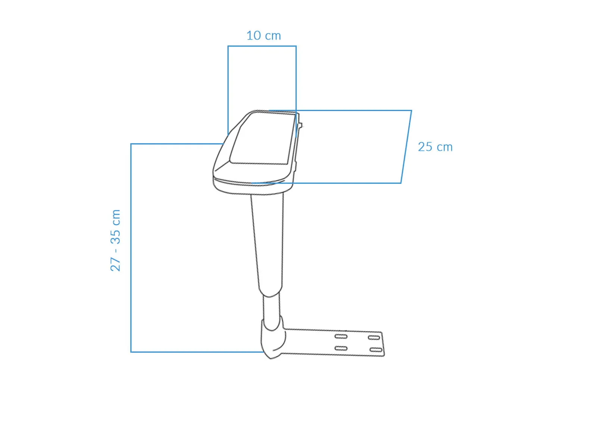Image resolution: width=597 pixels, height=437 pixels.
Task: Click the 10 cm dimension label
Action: coord(263,36)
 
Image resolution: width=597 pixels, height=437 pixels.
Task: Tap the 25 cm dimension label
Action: coord(435,147)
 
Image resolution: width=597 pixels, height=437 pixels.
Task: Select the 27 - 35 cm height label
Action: coord(115,240)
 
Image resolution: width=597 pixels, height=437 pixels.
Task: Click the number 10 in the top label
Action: coord(254,36)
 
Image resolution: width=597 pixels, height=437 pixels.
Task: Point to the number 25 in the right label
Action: coord(425,147)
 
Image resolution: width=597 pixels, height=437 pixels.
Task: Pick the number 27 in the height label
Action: coord(115,264)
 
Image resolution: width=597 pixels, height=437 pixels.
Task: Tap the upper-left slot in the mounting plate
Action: coord(341,336)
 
